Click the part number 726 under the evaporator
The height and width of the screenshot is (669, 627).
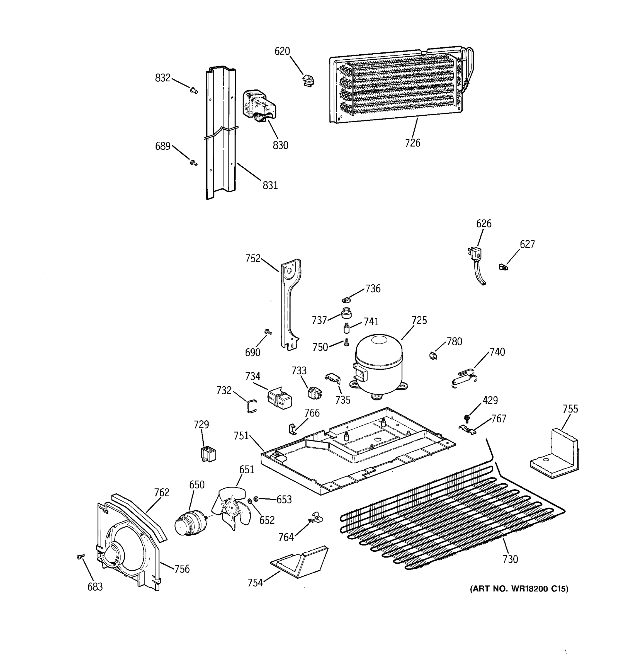coord(412,143)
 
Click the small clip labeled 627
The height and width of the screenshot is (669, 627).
coord(503,267)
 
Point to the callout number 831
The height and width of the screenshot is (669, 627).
coord(270,185)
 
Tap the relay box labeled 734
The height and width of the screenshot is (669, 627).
coord(280,398)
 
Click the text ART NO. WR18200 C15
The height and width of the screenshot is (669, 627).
coord(519,598)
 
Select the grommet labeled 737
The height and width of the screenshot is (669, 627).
coord(346,313)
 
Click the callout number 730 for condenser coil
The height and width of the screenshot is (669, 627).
coord(510,559)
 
